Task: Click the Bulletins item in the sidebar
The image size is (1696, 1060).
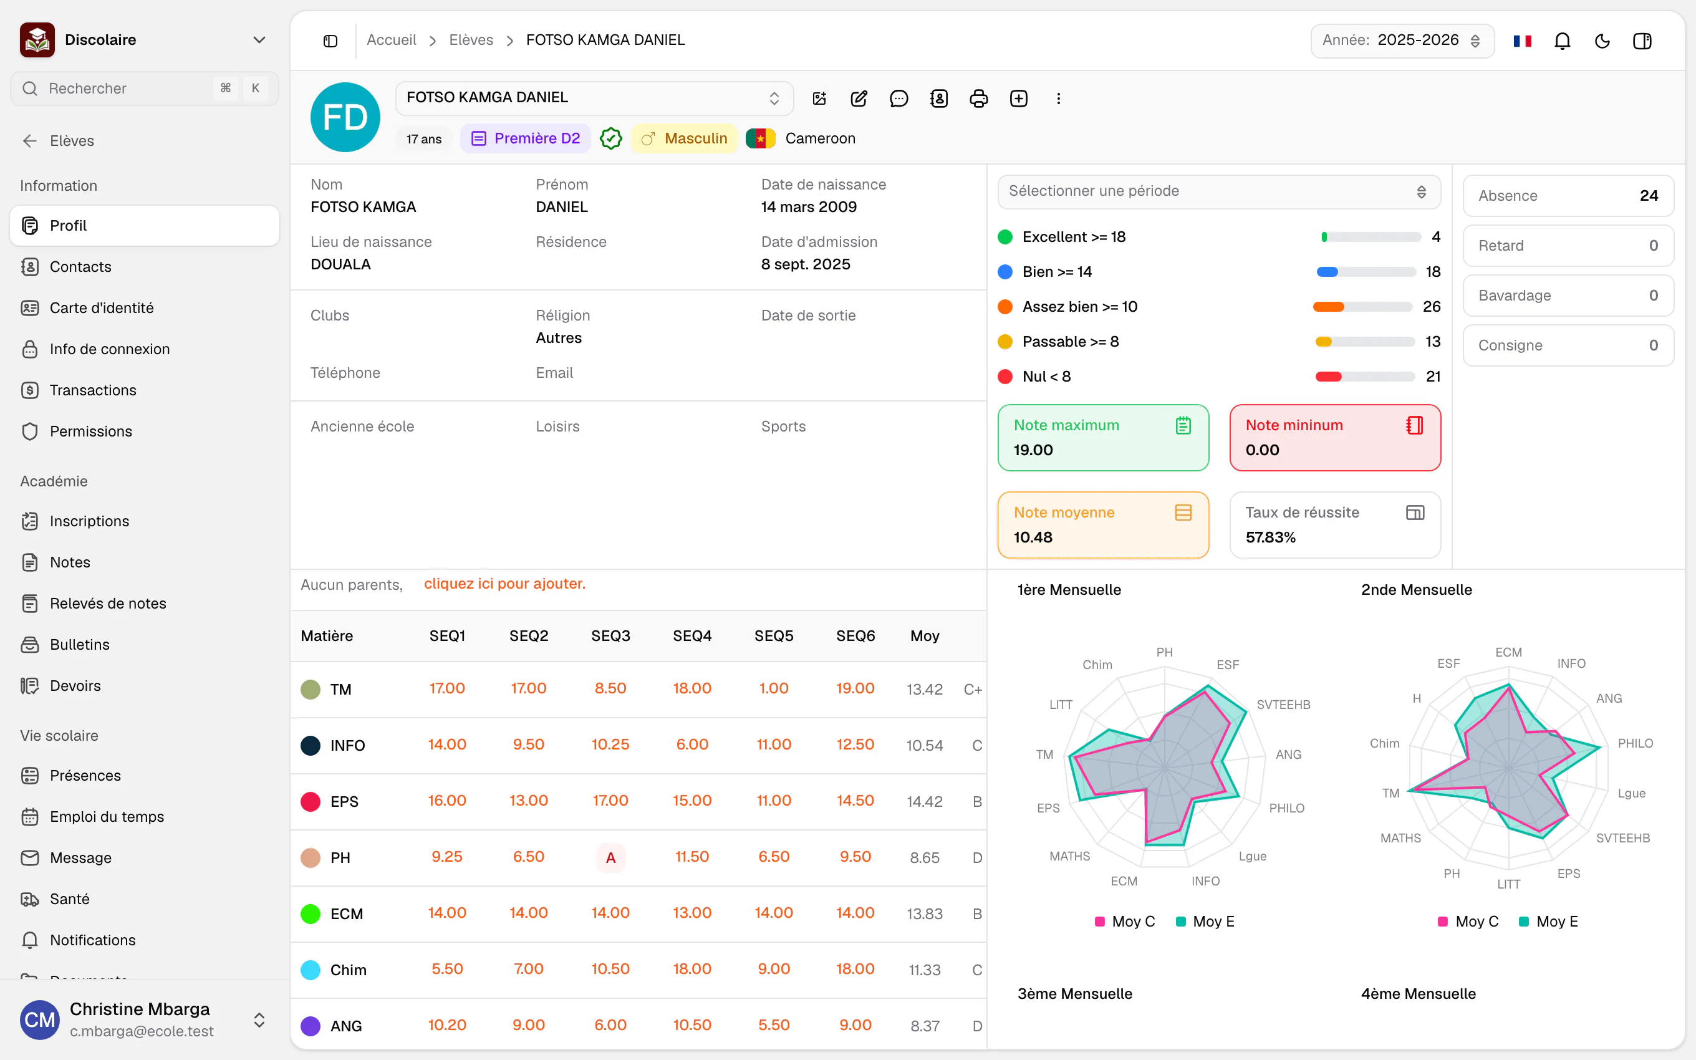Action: (x=79, y=644)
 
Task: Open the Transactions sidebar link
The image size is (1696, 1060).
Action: (x=92, y=390)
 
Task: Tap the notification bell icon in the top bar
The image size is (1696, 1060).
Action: (x=1562, y=41)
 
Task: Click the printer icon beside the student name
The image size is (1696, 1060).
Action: (x=978, y=98)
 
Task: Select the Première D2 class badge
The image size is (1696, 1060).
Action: (x=526, y=138)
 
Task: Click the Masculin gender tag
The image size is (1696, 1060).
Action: (x=684, y=138)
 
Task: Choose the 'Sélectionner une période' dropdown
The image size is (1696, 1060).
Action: (x=1219, y=191)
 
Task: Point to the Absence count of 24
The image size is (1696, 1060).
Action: (x=1649, y=196)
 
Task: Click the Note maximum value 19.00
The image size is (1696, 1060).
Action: (x=1033, y=450)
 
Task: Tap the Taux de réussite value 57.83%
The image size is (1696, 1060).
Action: (x=1270, y=537)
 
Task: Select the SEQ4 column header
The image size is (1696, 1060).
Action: (x=691, y=636)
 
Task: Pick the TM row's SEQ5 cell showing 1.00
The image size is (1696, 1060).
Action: (x=774, y=688)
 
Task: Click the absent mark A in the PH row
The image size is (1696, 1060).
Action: (x=610, y=857)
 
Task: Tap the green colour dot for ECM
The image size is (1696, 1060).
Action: (x=311, y=913)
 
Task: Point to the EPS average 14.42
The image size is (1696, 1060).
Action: (x=925, y=801)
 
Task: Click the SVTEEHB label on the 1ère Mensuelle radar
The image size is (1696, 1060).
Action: (x=1283, y=705)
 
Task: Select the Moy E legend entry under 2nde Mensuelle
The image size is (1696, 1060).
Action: (x=1548, y=921)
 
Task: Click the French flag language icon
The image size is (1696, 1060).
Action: (x=1522, y=41)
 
